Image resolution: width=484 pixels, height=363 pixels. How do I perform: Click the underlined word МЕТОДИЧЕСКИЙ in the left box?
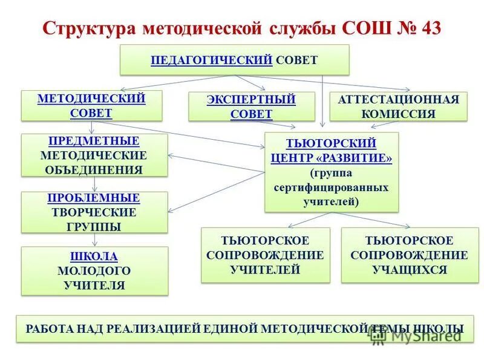click(91, 99)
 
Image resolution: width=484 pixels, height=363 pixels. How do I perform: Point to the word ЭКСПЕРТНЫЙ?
click(251, 100)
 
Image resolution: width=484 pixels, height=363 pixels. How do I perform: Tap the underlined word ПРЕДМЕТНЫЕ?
click(94, 141)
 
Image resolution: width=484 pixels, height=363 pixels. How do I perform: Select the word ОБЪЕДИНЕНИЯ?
click(94, 169)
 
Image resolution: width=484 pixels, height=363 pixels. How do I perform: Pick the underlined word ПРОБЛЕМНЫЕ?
click(94, 198)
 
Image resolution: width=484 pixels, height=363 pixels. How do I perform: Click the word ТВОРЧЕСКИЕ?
click(94, 212)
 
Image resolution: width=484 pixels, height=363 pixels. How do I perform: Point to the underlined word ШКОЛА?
click(94, 256)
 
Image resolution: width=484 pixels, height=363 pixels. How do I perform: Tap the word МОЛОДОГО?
click(94, 270)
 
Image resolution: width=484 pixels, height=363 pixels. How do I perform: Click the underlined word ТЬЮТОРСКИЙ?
click(332, 143)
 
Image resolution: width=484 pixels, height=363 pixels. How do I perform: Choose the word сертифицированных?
click(332, 188)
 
